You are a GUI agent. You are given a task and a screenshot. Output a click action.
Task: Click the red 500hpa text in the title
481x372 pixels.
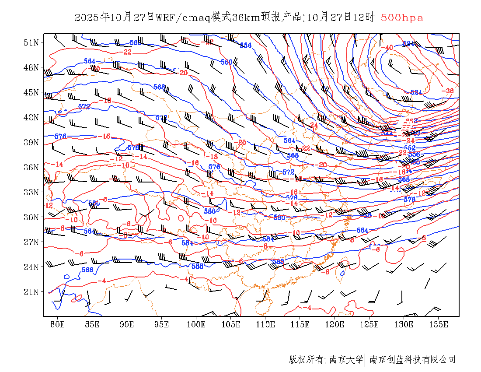[402, 18]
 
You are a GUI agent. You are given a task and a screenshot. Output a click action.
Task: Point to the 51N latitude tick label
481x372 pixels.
[31, 42]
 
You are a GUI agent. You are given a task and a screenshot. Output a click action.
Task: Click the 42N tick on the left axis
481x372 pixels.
[31, 117]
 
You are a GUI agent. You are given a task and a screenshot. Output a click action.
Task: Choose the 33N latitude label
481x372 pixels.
[31, 192]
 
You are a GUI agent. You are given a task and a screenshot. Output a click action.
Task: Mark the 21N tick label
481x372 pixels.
[31, 291]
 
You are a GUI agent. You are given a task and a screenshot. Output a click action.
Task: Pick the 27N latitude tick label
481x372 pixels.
[31, 242]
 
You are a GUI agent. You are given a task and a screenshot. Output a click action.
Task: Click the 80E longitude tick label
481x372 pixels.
[57, 324]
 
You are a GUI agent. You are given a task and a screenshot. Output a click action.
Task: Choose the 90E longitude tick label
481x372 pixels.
[127, 324]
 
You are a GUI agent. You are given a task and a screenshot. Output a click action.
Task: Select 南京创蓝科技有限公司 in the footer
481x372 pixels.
[412, 360]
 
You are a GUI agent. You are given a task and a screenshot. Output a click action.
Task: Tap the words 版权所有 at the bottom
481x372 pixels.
[306, 360]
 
